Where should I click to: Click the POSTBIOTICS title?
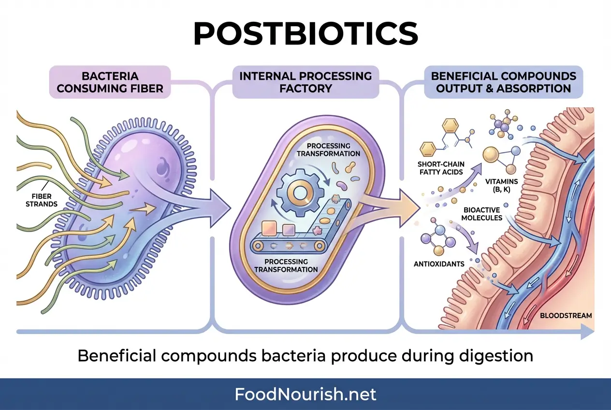click(x=305, y=33)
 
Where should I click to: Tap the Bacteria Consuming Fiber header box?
click(x=110, y=82)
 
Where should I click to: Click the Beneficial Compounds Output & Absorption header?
click(x=503, y=82)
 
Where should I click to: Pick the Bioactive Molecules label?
click(x=482, y=214)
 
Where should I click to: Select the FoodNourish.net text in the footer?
click(x=305, y=394)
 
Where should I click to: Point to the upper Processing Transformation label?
click(x=329, y=149)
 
